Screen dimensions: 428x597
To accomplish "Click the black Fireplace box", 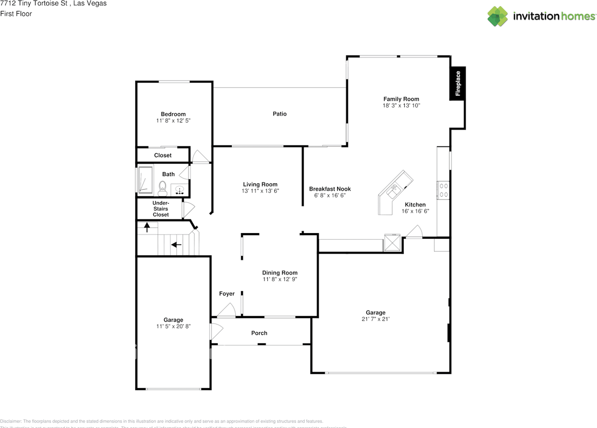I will coord(458,83).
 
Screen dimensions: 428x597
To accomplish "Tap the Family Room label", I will coord(401,99).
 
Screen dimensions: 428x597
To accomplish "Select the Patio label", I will coord(280,114).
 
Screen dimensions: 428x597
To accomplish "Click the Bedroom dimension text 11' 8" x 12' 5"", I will coord(173,120).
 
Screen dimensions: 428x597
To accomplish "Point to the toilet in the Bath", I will coord(163,188).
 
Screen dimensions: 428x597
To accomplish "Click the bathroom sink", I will coord(180,190).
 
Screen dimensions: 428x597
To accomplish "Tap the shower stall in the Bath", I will coord(145,180).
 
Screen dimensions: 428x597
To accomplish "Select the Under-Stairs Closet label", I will coord(161,209).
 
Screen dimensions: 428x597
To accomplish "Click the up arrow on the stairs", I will coord(147,228).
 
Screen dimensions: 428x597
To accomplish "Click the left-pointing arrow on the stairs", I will coord(176,244).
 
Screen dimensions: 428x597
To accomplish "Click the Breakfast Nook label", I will coord(330,189).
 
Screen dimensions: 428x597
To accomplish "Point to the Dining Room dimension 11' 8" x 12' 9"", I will coord(280,279).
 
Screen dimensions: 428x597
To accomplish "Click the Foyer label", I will coord(227,294).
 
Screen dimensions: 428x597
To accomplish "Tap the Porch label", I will coord(259,333).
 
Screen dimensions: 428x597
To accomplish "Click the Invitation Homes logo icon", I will coord(498,16).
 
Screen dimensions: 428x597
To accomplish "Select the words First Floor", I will coord(16,14).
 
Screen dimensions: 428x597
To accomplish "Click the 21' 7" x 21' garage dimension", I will coord(375,319).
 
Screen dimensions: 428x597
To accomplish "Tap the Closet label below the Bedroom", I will coord(163,155).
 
